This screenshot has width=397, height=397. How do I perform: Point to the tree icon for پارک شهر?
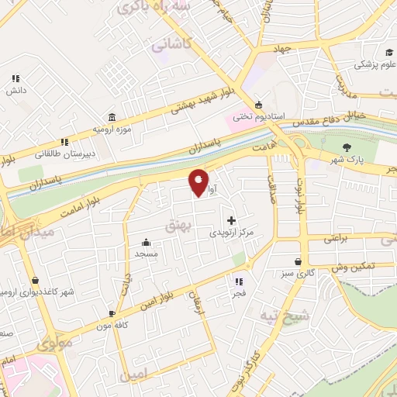coord(346,147)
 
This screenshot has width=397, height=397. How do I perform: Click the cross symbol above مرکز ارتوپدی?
coord(231,220)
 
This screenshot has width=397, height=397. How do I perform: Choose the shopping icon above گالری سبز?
coord(299,262)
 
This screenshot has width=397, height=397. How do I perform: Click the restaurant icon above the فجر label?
coord(239,282)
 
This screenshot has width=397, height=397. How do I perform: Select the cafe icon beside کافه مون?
coord(112,313)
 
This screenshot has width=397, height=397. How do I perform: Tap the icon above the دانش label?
coord(16,78)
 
